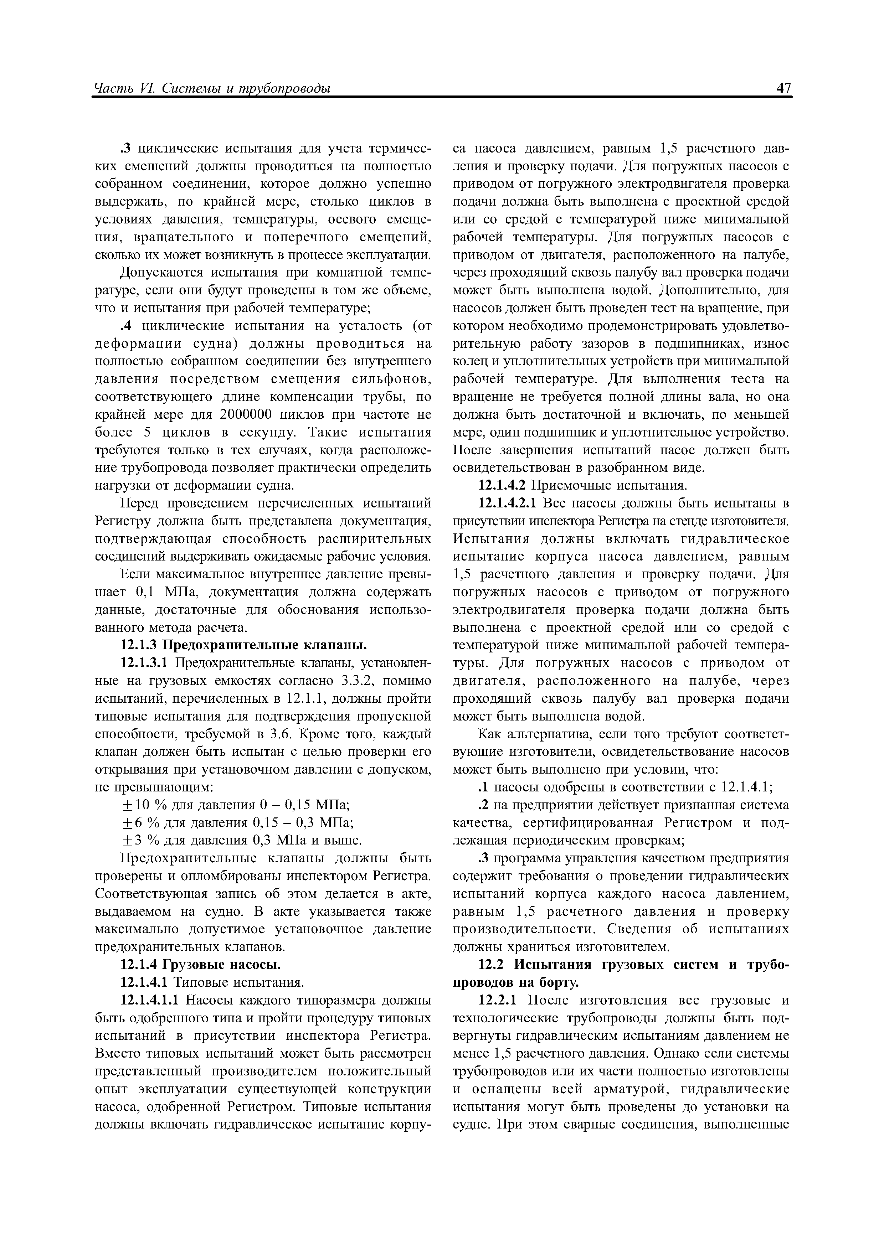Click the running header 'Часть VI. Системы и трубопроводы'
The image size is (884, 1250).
pyautogui.click(x=213, y=88)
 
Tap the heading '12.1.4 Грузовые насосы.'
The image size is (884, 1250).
pyautogui.click(x=200, y=965)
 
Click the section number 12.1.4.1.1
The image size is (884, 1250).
pyautogui.click(x=151, y=1000)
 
